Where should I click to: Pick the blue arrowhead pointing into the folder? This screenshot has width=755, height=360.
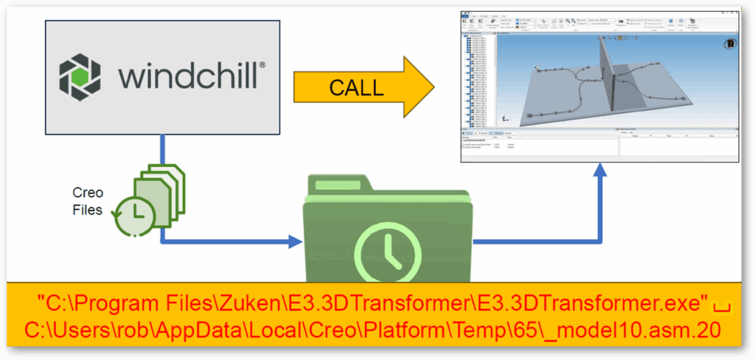(295, 241)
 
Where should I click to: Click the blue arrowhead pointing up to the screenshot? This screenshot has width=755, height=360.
(601, 171)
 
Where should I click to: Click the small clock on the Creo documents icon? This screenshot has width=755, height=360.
(132, 214)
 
